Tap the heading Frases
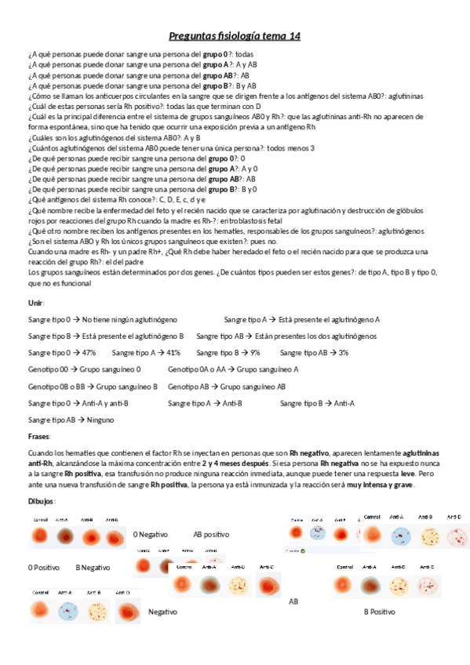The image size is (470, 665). pyautogui.click(x=39, y=436)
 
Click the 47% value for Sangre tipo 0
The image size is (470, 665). pyautogui.click(x=89, y=353)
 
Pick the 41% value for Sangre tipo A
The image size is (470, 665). pyautogui.click(x=173, y=353)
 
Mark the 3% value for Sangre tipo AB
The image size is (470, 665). pyautogui.click(x=343, y=353)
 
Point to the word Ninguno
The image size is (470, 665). pyautogui.click(x=100, y=420)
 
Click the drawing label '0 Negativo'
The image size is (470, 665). pyautogui.click(x=151, y=534)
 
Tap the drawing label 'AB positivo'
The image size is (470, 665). pyautogui.click(x=211, y=534)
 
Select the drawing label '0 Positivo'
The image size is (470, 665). pyautogui.click(x=45, y=567)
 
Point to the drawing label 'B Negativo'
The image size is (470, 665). pyautogui.click(x=93, y=567)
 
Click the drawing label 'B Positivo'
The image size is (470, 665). pyautogui.click(x=379, y=611)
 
